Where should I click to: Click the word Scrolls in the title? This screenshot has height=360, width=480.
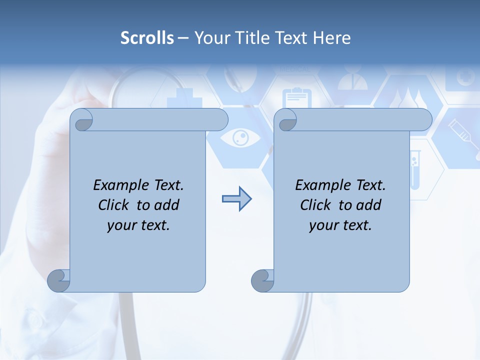tap(147, 38)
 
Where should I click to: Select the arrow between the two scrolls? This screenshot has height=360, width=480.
tap(236, 199)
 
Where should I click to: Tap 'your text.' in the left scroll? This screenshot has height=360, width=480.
tap(138, 225)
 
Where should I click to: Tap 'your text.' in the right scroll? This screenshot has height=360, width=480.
tap(340, 225)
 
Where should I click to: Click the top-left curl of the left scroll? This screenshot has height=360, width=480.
tap(81, 120)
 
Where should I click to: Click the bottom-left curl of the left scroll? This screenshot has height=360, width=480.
tap(59, 280)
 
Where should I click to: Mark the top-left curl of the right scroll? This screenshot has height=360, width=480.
tap(285, 120)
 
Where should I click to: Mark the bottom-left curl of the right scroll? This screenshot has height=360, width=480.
tap(263, 280)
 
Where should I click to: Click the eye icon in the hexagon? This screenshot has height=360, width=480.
tap(240, 137)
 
